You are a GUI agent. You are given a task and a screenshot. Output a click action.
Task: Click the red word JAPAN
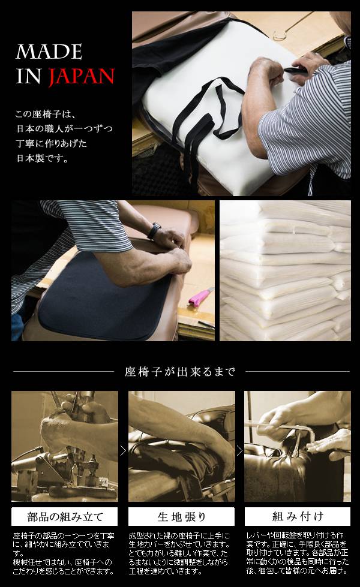coord(81,76)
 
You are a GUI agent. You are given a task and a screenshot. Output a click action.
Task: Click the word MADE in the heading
coord(49,52)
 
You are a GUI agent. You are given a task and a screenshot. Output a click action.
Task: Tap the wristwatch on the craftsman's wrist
coord(154,231)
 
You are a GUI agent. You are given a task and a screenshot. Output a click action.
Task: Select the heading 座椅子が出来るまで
coord(180,372)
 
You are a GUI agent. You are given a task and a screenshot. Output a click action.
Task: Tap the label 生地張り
coord(182,517)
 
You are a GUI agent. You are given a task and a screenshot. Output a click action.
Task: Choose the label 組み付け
coord(298,517)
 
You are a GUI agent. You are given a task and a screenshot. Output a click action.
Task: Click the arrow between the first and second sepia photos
coord(123,451)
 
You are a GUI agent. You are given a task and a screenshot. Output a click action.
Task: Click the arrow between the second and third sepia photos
coord(240,451)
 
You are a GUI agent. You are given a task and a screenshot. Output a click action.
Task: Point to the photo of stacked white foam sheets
coord(285,270)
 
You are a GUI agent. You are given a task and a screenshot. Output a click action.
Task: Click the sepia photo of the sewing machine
coord(64,446)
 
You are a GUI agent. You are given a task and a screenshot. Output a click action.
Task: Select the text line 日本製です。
coord(43,158)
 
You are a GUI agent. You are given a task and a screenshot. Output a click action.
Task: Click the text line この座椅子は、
coord(46,114)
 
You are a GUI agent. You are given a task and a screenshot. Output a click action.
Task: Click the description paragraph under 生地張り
coord(179,553)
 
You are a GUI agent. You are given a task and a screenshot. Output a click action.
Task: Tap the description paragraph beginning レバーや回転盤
coord(298,553)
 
